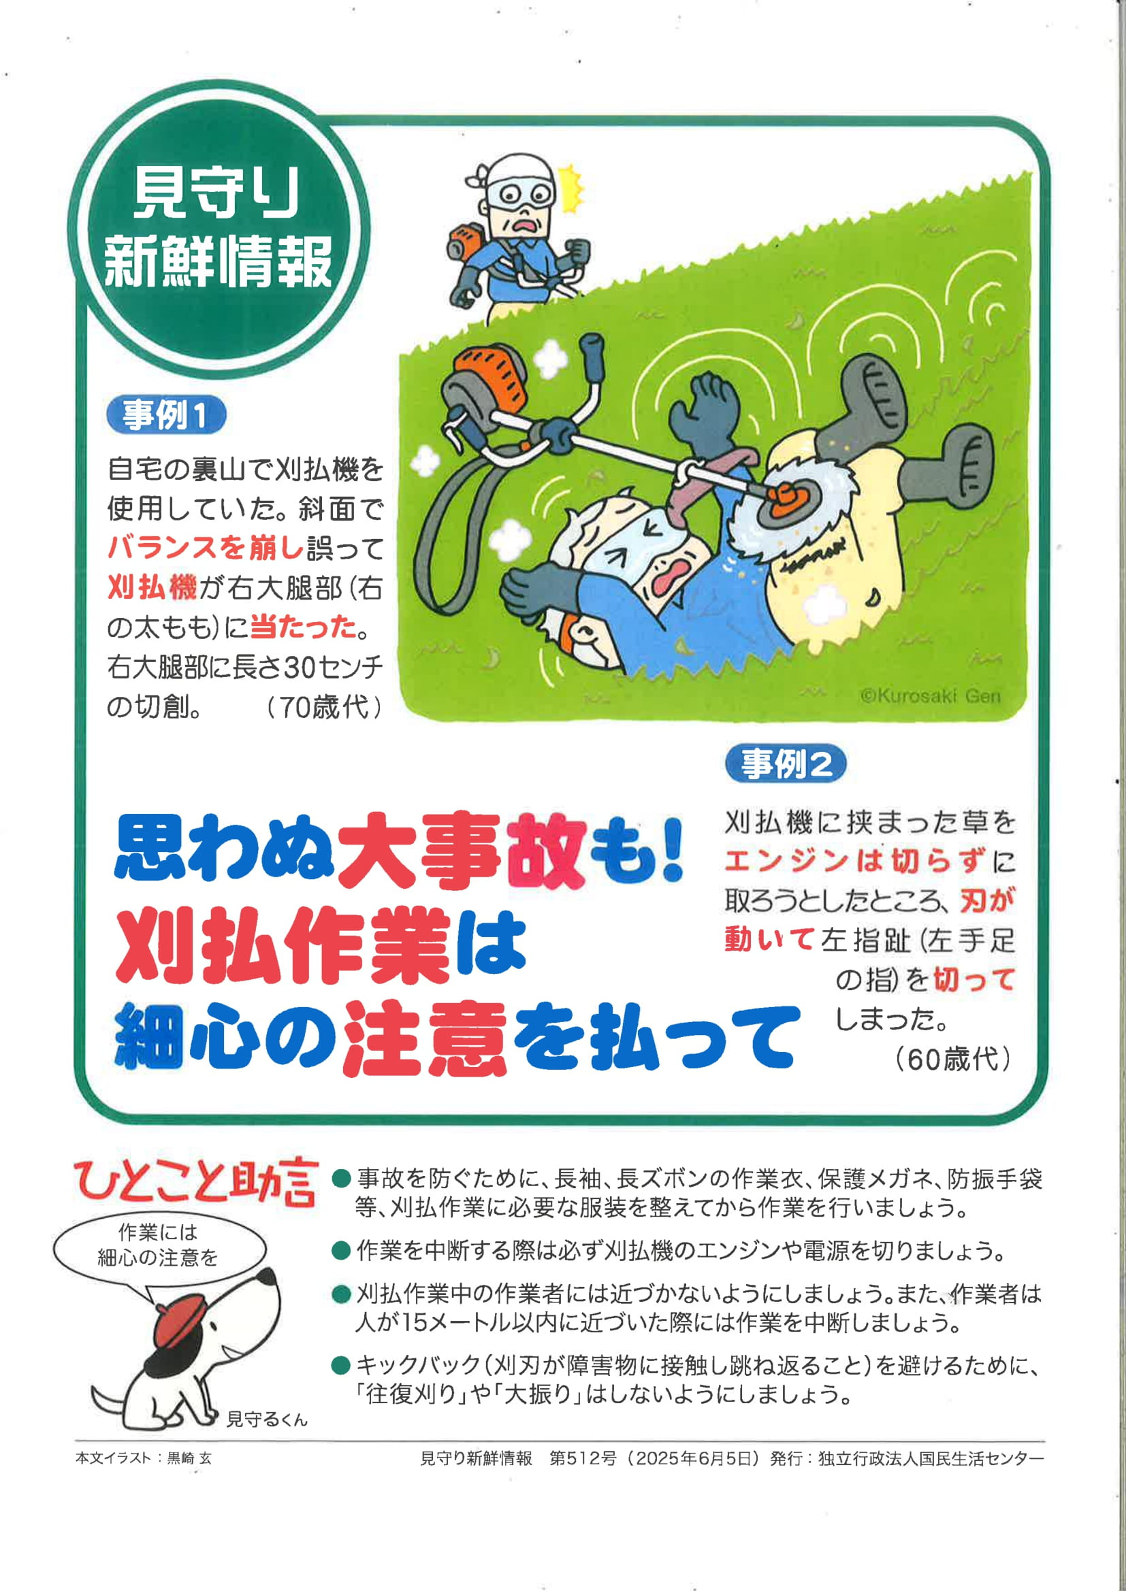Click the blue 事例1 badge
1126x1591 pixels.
(166, 415)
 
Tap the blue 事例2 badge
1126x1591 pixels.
(786, 764)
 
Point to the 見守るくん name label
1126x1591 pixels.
(266, 1419)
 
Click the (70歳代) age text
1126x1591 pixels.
(324, 707)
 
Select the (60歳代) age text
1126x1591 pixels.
(952, 1059)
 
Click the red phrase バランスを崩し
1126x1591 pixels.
(206, 548)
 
